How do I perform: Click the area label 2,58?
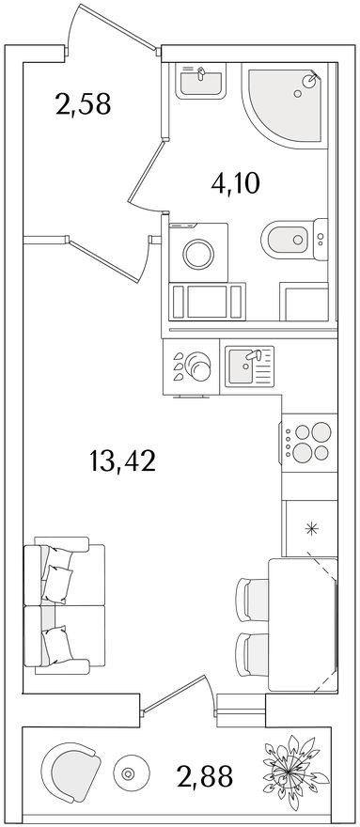83,102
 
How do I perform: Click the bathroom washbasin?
202,82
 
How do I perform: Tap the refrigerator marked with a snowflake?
310,527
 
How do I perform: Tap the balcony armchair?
70,772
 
